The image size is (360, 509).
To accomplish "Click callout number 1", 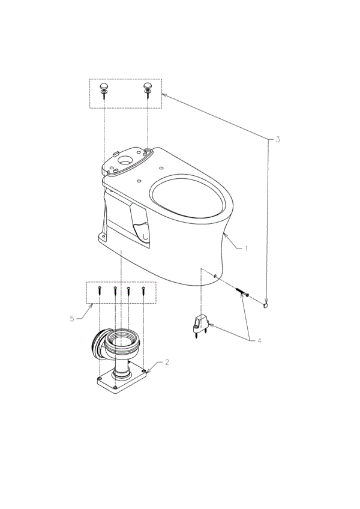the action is coord(247,249).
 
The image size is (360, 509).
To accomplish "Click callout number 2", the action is coord(167,363).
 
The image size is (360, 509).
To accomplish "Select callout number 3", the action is coord(278,140).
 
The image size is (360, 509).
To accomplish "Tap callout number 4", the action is coord(259,341).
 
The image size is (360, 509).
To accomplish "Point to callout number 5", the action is coord(72,319).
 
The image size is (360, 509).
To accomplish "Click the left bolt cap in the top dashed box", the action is coord(104,86).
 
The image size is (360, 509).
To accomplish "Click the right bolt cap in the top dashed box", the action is coord(148,86).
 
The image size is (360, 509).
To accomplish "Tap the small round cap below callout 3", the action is coord(266,305).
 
